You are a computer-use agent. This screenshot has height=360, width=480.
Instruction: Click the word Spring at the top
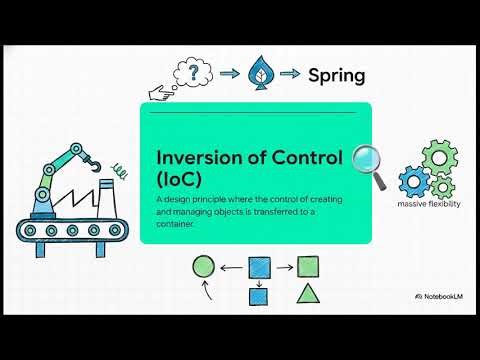[336, 75]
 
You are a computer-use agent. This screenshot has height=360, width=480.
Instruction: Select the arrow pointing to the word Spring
[290, 73]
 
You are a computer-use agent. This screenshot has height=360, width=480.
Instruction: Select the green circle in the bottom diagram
[203, 267]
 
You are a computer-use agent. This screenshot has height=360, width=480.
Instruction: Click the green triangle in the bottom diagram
[309, 296]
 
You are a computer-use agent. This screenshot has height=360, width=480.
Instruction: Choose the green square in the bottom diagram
[308, 267]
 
